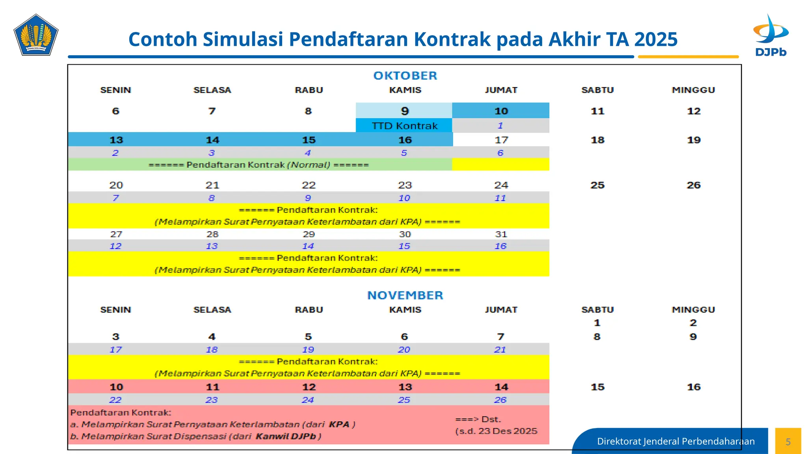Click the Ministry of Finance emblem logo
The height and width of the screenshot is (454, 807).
[36, 35]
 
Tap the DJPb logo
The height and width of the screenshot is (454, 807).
[771, 35]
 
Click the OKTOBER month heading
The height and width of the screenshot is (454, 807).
[405, 76]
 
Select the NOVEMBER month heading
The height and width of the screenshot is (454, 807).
[405, 295]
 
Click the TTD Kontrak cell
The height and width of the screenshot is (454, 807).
[404, 126]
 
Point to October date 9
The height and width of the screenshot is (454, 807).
[405, 111]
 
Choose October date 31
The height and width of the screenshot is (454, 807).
[501, 234]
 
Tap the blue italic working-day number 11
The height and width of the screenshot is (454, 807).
[500, 198]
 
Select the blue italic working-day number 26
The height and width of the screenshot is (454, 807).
[500, 400]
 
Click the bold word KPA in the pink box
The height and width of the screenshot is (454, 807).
[339, 424]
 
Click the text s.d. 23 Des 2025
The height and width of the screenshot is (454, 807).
[496, 431]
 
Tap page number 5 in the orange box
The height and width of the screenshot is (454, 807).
[788, 442]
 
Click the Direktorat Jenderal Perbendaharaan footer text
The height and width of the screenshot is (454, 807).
[676, 441]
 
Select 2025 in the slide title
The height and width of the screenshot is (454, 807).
[656, 39]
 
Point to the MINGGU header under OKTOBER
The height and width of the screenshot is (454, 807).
[693, 90]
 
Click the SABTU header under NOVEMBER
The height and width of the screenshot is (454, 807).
[597, 310]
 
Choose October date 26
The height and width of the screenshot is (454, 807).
[694, 185]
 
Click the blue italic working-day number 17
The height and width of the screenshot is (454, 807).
[115, 350]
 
